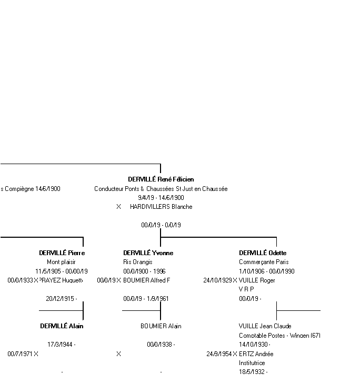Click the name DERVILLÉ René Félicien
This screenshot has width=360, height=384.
coord(161,179)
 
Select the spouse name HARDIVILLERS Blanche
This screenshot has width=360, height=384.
coord(161,207)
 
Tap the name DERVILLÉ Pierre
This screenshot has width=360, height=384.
coord(62,253)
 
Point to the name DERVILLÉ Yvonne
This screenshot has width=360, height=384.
coord(148,253)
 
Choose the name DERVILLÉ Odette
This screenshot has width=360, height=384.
coord(263,253)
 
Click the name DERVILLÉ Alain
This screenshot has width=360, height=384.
coord(62,326)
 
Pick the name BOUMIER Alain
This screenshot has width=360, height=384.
coord(161,326)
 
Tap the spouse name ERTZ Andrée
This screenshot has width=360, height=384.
coord(256,354)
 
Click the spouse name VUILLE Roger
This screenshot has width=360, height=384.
coord(257,280)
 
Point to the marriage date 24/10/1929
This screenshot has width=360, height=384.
coord(217,280)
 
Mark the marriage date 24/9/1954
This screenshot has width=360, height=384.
coord(219,354)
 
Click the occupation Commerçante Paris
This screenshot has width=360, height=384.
coord(264,262)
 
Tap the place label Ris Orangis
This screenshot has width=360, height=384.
coord(138,262)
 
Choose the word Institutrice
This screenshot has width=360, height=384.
coord(252,363)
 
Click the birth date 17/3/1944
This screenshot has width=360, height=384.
coord(61,345)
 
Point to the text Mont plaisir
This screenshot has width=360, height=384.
coord(61,262)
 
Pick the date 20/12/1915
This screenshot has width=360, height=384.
coord(61,299)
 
